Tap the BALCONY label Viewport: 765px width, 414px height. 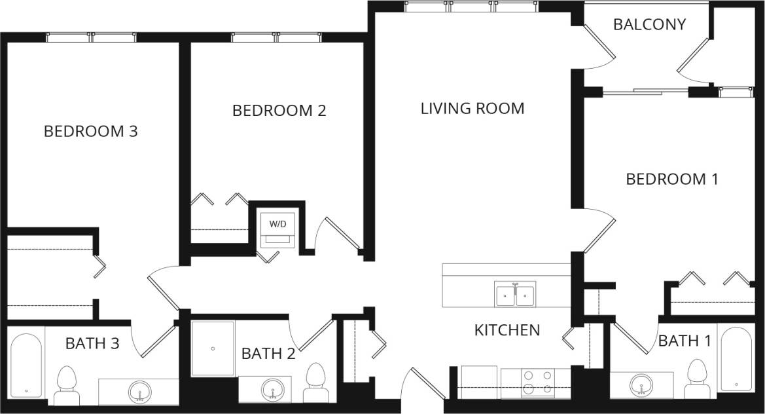coord(649,24)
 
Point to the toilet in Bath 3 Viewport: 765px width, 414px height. coord(67,385)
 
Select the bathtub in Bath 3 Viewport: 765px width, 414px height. coord(27,366)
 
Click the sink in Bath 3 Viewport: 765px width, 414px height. coord(139,392)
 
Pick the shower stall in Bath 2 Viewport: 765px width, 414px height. coord(213,348)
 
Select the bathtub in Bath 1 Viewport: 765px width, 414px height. coord(736,359)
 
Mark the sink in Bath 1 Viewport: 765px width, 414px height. coord(641,384)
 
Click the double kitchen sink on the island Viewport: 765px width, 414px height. coord(515,294)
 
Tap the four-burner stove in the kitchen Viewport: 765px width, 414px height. coord(537,383)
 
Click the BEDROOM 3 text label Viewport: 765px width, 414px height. coord(90,131)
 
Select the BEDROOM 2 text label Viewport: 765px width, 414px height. coord(279,110)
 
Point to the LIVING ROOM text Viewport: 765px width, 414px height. coord(472,108)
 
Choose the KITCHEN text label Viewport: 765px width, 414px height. coord(507,329)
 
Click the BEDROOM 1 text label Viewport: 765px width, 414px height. coord(672,179)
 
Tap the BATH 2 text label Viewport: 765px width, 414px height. coord(268,354)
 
